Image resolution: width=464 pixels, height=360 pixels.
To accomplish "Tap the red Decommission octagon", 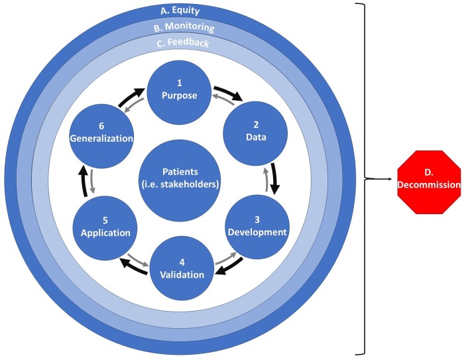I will coord(429,180).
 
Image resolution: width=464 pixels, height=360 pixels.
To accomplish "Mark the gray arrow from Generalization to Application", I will coord(93,182).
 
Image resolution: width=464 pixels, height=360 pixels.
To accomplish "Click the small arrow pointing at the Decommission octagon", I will coord(384,179).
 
